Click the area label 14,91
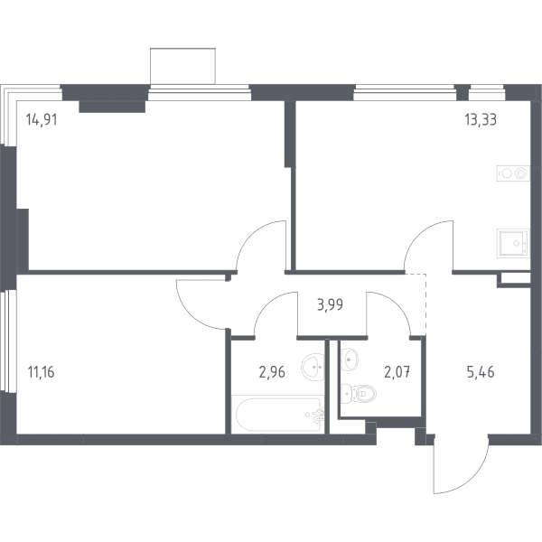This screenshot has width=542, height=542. pos(42,120)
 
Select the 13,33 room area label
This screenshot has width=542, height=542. pos(481,119)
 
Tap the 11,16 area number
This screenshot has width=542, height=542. pos(41,372)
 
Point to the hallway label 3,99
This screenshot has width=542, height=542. pos(330,305)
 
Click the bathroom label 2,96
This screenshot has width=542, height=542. pos(272,372)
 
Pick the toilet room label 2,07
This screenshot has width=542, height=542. pos(397,372)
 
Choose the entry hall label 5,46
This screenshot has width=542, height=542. pos(481,372)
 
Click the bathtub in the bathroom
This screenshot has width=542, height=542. pos(278,415)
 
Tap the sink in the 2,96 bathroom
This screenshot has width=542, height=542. pos(313,367)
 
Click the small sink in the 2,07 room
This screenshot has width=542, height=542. pos(350,360)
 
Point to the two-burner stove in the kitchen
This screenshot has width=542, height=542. pos(513,173)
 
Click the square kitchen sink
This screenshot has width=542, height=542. pos(513,243)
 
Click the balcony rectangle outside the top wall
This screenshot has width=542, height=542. pos(182,66)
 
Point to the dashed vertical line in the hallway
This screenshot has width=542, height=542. pos(425,304)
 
